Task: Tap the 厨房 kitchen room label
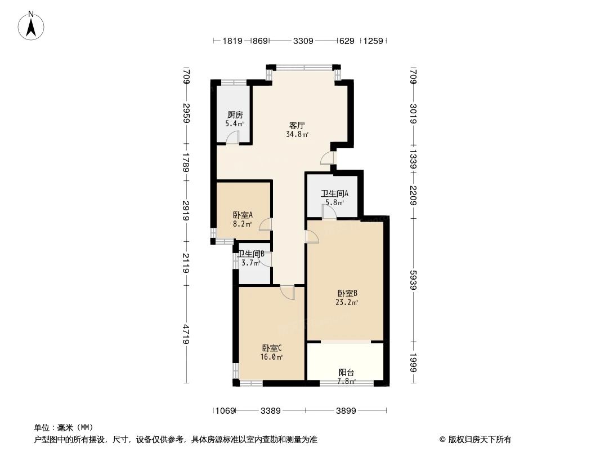click(235, 114)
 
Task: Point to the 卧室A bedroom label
click(243, 215)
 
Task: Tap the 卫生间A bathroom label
click(334, 193)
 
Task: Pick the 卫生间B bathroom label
click(251, 254)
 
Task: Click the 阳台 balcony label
click(346, 372)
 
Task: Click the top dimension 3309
click(303, 41)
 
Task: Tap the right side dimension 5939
click(413, 280)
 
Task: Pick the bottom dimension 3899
click(346, 411)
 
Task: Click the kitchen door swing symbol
click(233, 138)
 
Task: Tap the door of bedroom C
click(287, 293)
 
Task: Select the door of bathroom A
click(329, 211)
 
